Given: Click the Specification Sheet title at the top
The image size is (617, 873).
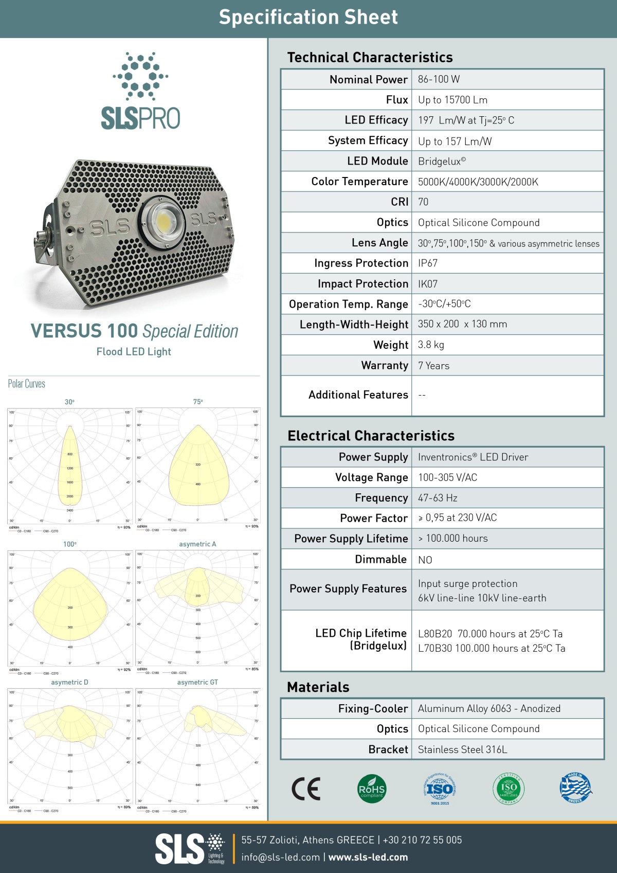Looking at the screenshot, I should pos(308,17).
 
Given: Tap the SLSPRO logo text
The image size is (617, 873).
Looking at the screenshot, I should pos(140,118).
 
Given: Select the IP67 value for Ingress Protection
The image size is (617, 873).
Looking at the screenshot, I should pos(428,263).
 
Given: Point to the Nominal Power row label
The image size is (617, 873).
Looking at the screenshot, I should pos(369,80).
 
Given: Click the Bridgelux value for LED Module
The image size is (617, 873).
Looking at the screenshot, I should pos(442,161).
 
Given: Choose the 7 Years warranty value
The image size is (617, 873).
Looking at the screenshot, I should pos(433,366).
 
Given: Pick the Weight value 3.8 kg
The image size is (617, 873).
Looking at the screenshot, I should pos(431,345).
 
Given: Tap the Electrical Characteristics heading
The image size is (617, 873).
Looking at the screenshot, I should pos(371,436).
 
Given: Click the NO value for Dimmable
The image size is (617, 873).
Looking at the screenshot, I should pos(425,560).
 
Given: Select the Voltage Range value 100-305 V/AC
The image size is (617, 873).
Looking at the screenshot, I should pos(447,477).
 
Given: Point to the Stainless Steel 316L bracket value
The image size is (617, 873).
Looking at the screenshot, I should pos(462,750).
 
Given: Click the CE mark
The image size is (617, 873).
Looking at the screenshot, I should pos(306,789).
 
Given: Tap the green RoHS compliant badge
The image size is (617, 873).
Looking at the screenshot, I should pos(371,789).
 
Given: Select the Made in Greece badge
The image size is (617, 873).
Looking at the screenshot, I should pos(575,788).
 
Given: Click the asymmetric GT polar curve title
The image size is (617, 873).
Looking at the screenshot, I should pos(197,682).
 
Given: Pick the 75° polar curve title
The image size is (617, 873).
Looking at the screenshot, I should pos(198,402).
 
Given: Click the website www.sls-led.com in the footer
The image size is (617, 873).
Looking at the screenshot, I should pos(368,857).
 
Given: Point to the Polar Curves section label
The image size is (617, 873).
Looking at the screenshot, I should pos(27,384).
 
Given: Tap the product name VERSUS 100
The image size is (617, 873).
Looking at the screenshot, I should pos(84,331).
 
